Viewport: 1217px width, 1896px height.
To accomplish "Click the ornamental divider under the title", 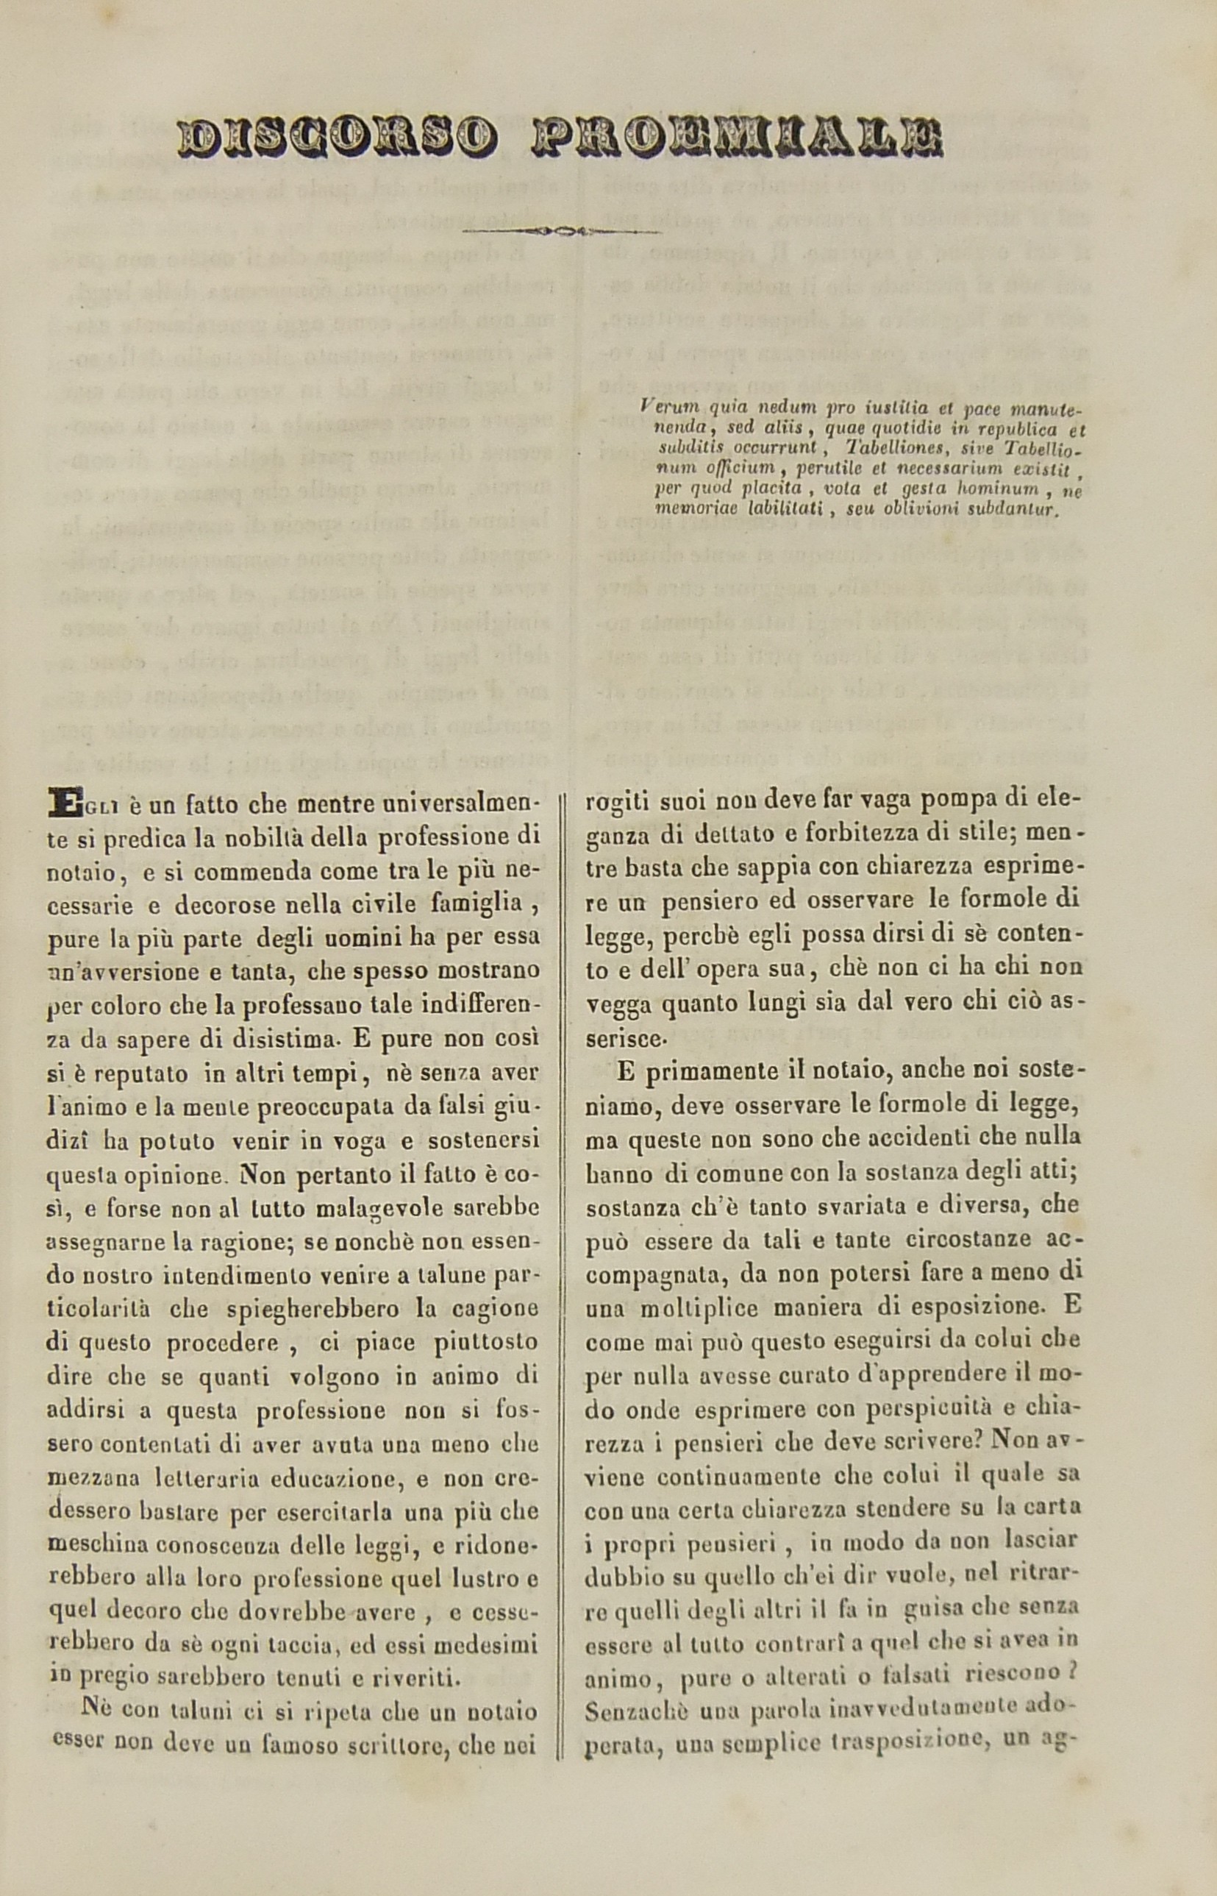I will [561, 232].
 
